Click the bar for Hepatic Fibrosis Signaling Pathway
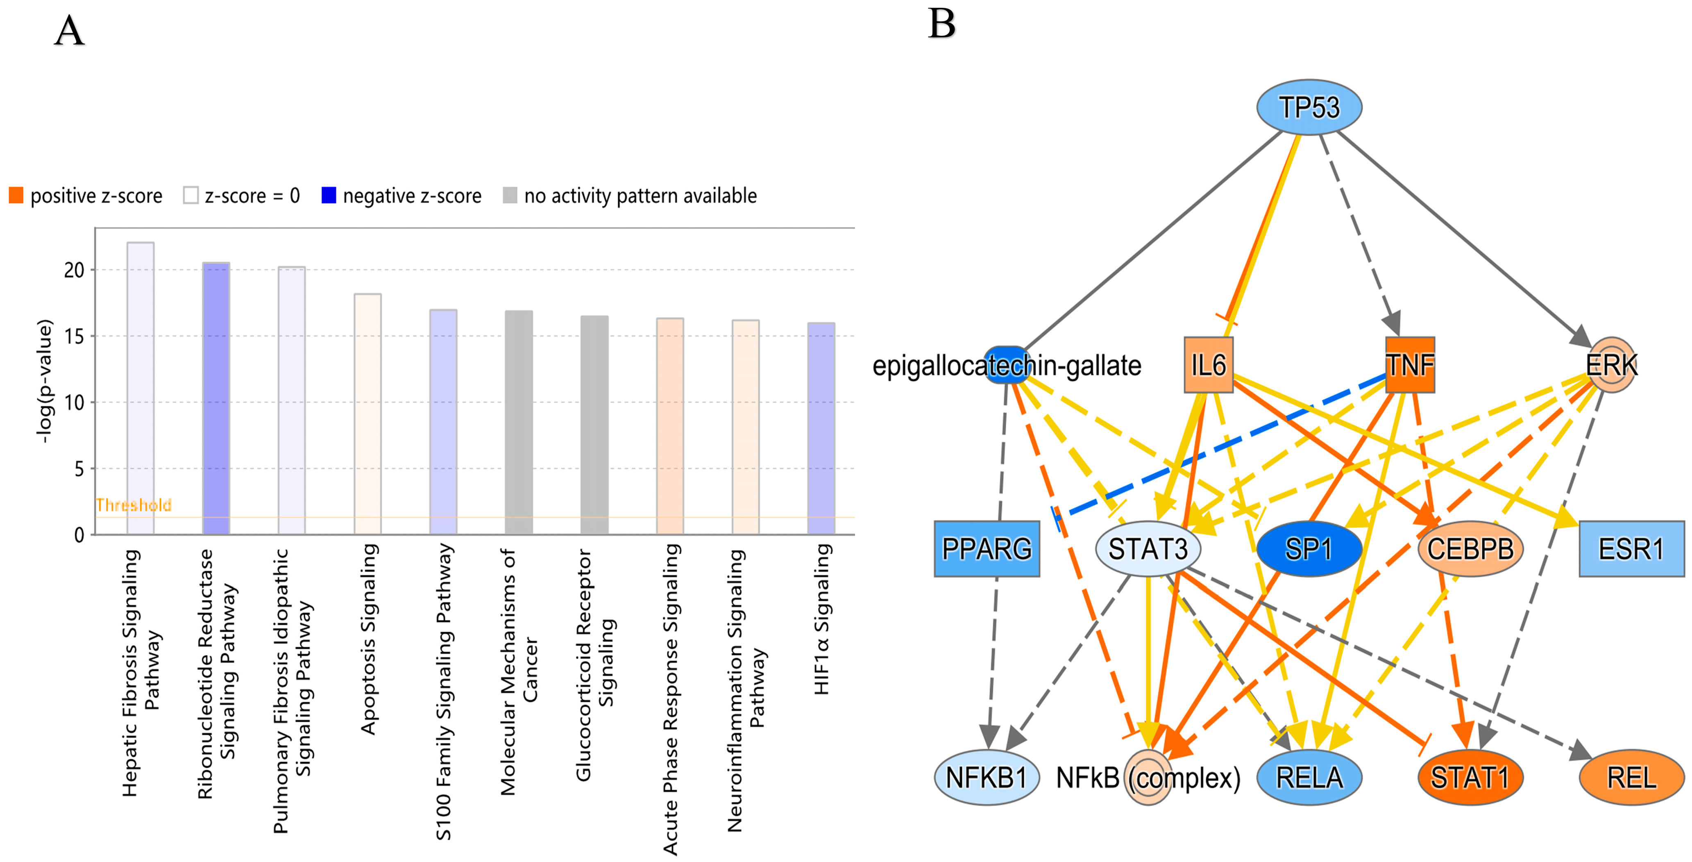(x=141, y=388)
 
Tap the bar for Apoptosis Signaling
(x=368, y=414)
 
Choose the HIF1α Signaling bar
(x=821, y=428)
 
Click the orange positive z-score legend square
(x=16, y=195)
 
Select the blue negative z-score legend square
(x=329, y=195)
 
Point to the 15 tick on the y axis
(x=74, y=337)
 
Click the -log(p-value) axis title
(x=43, y=381)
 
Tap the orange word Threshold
(x=133, y=505)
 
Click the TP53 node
(x=1309, y=107)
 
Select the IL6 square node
(x=1209, y=365)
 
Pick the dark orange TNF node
(x=1410, y=365)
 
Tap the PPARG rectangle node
(x=987, y=548)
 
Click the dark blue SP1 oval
(x=1309, y=548)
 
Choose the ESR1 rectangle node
(x=1631, y=548)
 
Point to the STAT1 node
(x=1470, y=777)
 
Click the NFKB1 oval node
(x=987, y=777)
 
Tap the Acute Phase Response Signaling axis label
(x=670, y=700)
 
